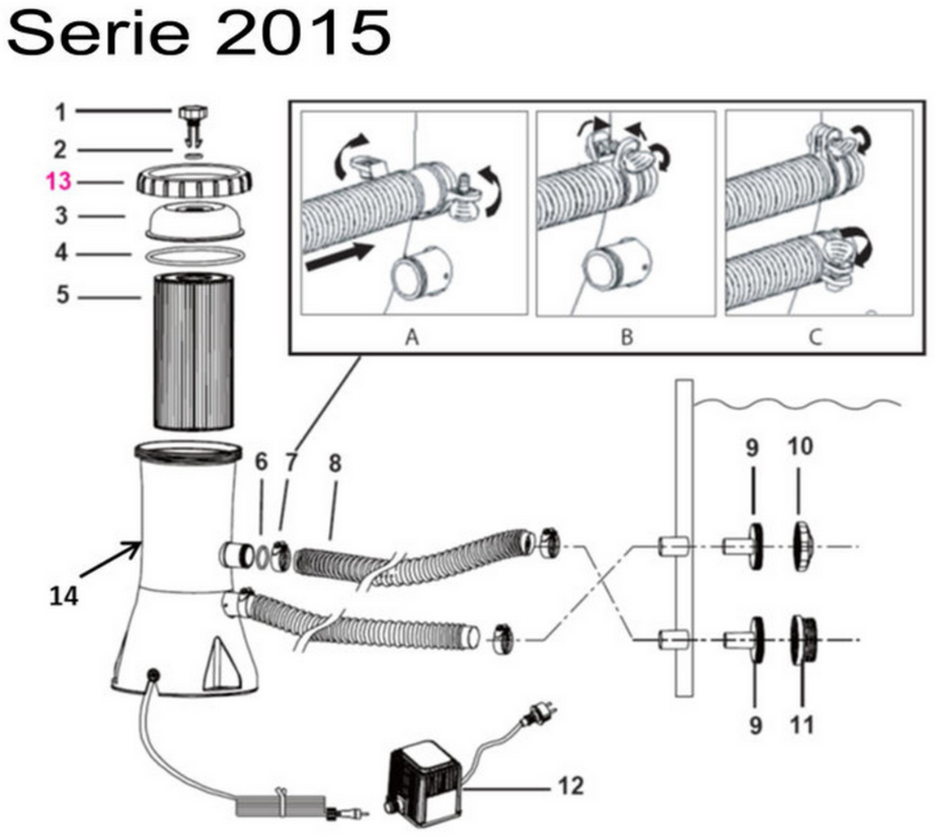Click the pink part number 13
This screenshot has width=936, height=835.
pyautogui.click(x=59, y=181)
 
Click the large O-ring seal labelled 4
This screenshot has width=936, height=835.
pyautogui.click(x=193, y=255)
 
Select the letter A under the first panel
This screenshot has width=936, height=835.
pyautogui.click(x=412, y=336)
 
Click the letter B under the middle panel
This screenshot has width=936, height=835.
pyautogui.click(x=626, y=336)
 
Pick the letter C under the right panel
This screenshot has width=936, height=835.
pyautogui.click(x=815, y=336)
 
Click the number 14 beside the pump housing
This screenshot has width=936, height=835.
pyautogui.click(x=63, y=596)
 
